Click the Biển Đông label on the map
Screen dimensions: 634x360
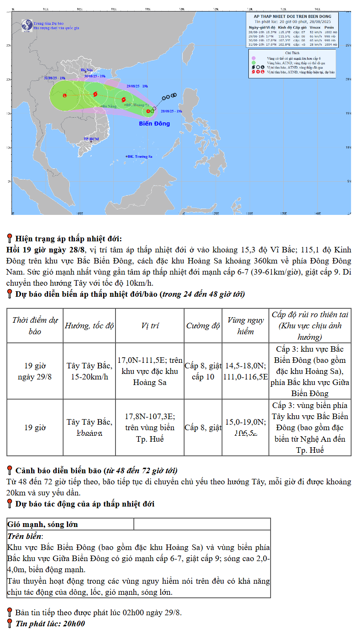coord(154,124)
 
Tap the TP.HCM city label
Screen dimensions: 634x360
coord(91,139)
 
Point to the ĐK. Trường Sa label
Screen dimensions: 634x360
coord(140,156)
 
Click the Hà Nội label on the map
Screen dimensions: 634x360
coord(86,70)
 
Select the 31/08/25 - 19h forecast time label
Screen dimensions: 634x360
coord(55,78)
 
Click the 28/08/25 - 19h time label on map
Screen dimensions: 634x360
coord(171,111)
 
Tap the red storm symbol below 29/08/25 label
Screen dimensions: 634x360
coord(124,100)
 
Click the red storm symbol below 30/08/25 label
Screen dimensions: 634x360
coord(95,94)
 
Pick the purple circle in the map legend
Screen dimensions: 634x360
coord(253,58)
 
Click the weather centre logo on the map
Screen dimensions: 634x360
coord(27,26)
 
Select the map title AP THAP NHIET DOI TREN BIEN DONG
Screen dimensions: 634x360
coord(292,16)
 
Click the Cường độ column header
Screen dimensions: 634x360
coord(203,326)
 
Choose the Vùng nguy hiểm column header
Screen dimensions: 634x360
coord(245,326)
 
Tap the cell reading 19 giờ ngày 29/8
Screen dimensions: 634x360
coord(35,371)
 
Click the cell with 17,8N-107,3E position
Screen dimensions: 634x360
coord(150,427)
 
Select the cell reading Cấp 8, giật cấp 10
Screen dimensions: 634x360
coord(203,371)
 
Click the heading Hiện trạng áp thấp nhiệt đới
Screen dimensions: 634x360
coord(68,239)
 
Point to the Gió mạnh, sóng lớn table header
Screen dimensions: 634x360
coord(43,524)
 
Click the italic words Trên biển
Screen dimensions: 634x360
coord(25,536)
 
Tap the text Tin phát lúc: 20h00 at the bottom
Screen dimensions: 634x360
coord(50,624)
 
